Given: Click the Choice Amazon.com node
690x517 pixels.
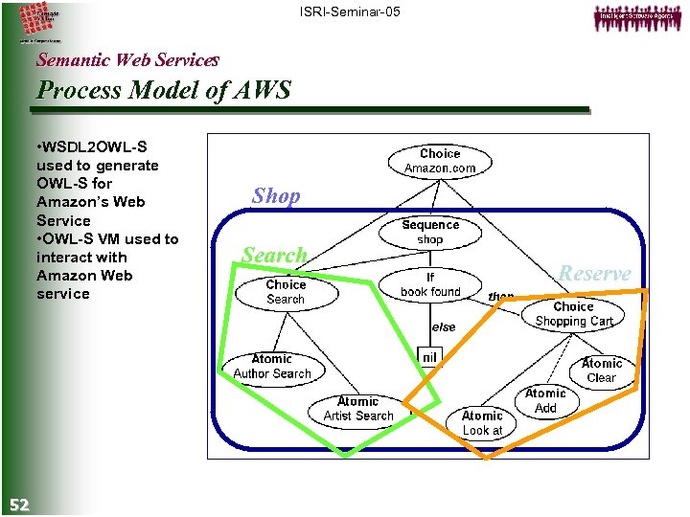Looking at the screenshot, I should point(440,161).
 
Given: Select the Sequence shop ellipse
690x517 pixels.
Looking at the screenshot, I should point(430,233).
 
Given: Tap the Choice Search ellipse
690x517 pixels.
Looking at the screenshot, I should point(286,292).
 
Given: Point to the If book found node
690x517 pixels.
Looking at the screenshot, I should point(430,284).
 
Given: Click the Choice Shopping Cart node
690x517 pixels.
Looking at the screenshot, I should point(573,314).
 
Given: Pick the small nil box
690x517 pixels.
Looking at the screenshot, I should point(429,357).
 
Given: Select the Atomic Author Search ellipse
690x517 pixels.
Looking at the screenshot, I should point(272,367).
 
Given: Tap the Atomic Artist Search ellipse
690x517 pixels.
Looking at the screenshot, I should point(358,409).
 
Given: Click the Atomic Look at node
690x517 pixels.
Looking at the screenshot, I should point(482,422).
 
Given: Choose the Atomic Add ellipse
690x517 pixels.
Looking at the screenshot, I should point(545,400).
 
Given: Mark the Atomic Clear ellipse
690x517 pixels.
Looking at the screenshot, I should point(602,371).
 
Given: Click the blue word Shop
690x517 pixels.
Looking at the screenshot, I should point(276,196).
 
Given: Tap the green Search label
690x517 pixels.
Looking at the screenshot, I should point(274,256).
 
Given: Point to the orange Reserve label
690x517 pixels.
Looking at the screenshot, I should point(595,274).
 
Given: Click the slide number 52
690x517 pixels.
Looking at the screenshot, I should point(19,505).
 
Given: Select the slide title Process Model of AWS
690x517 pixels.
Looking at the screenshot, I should point(163,91).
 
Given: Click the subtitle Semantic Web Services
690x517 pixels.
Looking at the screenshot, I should point(127,59).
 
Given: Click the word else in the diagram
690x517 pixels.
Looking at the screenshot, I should point(444,326).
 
